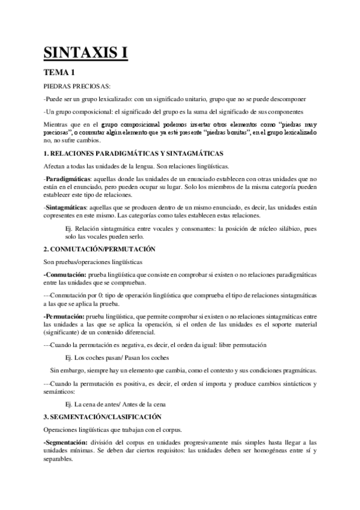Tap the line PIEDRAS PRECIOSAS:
coord(73,87)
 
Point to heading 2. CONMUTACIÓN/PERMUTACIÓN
coord(99,248)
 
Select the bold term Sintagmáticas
coord(64,206)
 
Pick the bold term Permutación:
coord(64,316)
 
